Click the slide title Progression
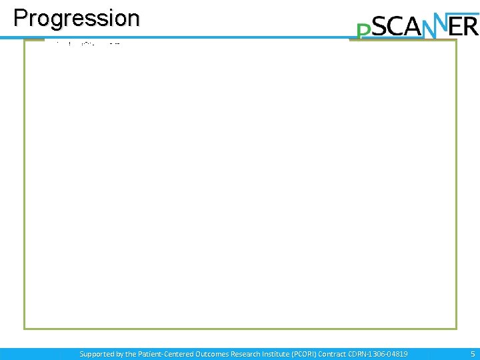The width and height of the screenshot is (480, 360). (77, 18)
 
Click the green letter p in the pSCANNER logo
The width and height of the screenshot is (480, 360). (363, 31)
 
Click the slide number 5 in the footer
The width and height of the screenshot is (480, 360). (473, 354)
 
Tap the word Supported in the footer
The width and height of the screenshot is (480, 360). (97, 354)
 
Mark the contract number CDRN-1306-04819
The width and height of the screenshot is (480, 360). (386, 354)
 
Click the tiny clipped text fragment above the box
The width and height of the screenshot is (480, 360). (87, 43)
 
